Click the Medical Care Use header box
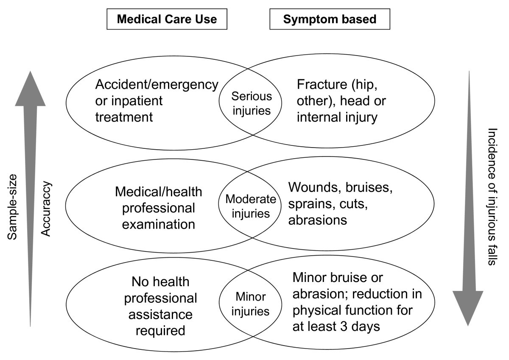pos(167,19)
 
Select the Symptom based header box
pos(330,19)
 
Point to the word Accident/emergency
pos(157,84)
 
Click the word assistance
pos(161,315)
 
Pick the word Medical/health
pos(159,192)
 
